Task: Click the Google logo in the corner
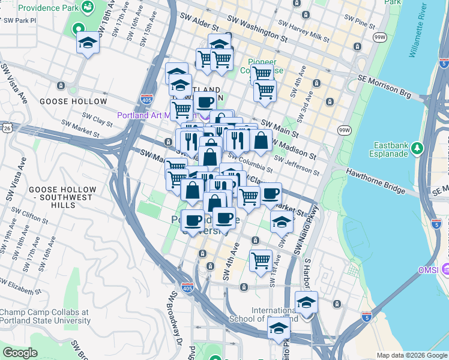tap(20, 352)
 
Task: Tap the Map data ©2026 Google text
tap(412, 355)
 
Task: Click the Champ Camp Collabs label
tap(44, 316)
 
